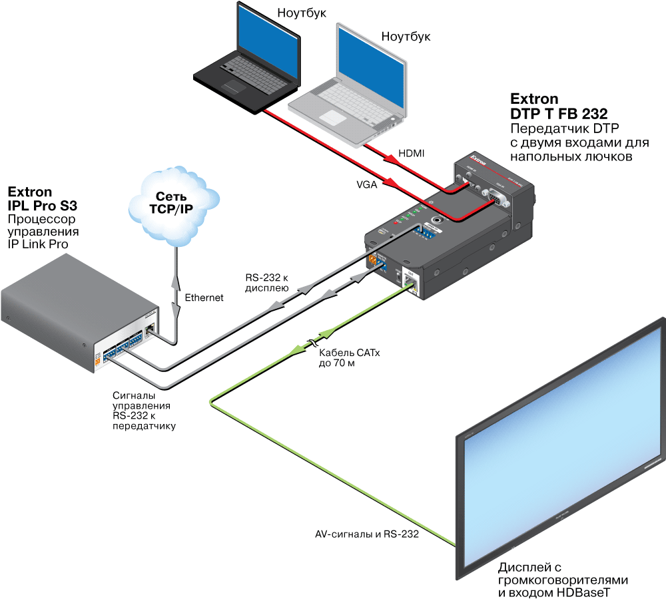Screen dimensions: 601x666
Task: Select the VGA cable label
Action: pyautogui.click(x=366, y=185)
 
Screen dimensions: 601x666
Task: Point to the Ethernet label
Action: pyautogui.click(x=204, y=298)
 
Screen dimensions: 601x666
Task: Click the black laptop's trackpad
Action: pyautogui.click(x=235, y=85)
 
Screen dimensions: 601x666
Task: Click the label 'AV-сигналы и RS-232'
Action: pyautogui.click(x=366, y=534)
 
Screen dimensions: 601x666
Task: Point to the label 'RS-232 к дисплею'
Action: pyautogui.click(x=266, y=284)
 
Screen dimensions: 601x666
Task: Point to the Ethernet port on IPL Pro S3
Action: pyautogui.click(x=151, y=327)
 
